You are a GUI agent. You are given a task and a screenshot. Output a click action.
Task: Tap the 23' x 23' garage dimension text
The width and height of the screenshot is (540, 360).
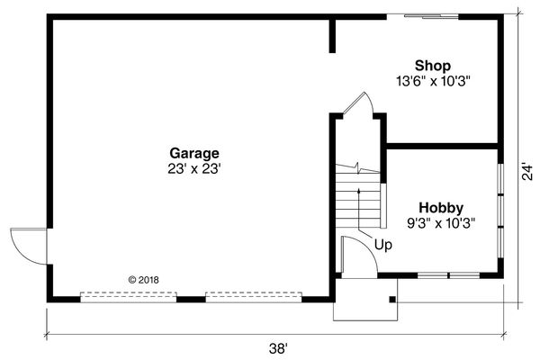pos(193,167)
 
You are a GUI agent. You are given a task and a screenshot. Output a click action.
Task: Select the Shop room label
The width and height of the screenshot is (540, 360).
pos(433,66)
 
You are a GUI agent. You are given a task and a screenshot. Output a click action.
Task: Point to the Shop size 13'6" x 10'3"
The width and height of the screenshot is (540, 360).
pos(433,80)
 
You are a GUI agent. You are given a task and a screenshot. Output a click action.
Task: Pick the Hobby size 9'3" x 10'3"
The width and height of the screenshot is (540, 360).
pos(442,222)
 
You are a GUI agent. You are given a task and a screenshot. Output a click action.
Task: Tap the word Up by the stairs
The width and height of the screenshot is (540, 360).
pos(383,244)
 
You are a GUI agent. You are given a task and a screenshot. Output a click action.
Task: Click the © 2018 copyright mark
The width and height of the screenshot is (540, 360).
pos(144,280)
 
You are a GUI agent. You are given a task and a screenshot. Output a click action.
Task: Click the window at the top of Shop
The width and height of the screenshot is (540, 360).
pos(427,15)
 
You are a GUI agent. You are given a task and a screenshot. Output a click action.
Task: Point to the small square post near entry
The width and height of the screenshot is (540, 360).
pos(391,298)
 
